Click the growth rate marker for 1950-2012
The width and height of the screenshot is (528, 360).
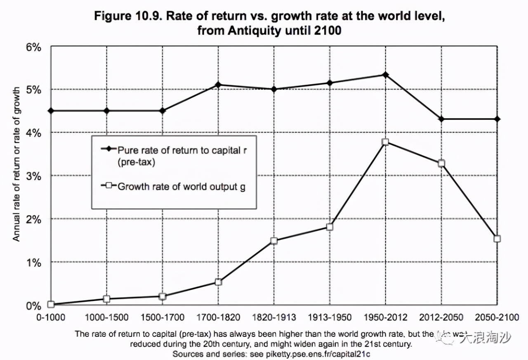click(385, 142)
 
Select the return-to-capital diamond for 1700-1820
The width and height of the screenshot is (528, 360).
click(218, 85)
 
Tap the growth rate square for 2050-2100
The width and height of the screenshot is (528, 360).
click(497, 239)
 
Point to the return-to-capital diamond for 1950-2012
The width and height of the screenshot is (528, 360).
click(385, 75)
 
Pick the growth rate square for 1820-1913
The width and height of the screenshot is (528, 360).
click(274, 241)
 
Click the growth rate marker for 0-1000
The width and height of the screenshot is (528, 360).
click(51, 305)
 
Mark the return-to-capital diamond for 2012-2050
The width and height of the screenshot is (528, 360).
click(441, 119)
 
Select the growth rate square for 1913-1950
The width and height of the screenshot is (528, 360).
click(330, 227)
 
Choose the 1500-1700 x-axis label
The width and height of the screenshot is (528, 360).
click(163, 317)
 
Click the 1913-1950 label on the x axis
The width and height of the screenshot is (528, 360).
click(330, 317)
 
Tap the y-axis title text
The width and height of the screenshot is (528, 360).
click(16, 164)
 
